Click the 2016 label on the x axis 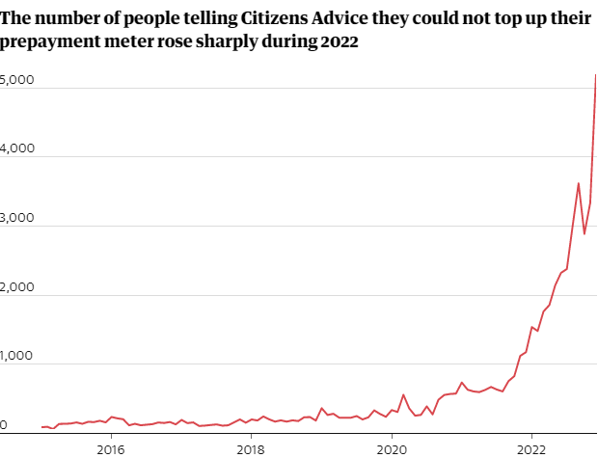pyautogui.click(x=111, y=448)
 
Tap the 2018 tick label pyautogui.click(x=251, y=448)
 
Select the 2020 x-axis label pyautogui.click(x=392, y=448)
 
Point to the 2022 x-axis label pyautogui.click(x=531, y=448)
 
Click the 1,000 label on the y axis pyautogui.click(x=17, y=356)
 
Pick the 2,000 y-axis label pyautogui.click(x=17, y=287)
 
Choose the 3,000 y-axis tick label pyautogui.click(x=17, y=219)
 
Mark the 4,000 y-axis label pyautogui.click(x=17, y=149)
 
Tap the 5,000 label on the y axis pyautogui.click(x=17, y=81)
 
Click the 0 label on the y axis pyautogui.click(x=5, y=424)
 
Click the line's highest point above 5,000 pyautogui.click(x=595, y=75)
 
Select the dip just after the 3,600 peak pyautogui.click(x=584, y=233)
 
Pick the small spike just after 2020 pyautogui.click(x=403, y=394)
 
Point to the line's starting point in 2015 pyautogui.click(x=41, y=426)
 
